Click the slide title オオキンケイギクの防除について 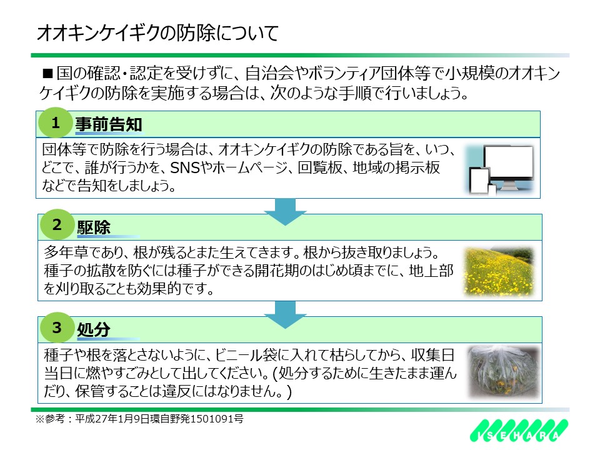[157, 33]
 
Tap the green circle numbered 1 [56, 122]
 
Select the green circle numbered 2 [57, 224]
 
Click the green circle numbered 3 [57, 327]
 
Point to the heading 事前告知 [109, 124]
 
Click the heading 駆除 [94, 227]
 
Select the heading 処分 [94, 329]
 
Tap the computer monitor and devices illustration [501, 169]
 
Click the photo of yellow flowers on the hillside [499, 272]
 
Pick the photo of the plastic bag [502, 372]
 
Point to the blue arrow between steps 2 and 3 [285, 314]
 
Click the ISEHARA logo [519, 430]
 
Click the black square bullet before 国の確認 [47, 73]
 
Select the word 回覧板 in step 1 [319, 167]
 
